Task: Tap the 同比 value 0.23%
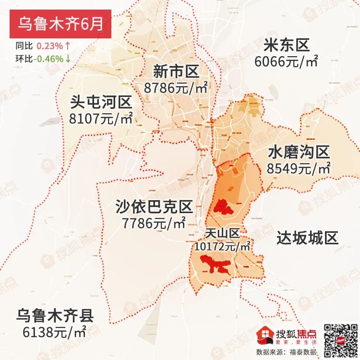click(49, 47)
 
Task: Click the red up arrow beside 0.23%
click(68, 47)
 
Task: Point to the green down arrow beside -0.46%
click(68, 59)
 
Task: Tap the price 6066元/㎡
click(287, 61)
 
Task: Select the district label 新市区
click(176, 72)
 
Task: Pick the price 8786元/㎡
click(176, 88)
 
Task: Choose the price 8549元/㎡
click(299, 168)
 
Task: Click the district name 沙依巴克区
click(154, 207)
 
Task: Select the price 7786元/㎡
click(154, 223)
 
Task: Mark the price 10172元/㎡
click(223, 246)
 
